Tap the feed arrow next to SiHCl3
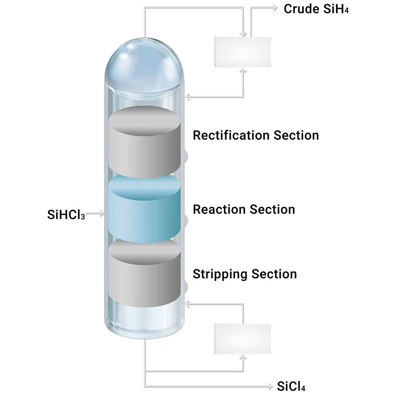click(101, 214)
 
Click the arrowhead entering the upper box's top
click(243, 35)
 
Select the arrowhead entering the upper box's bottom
click(243, 70)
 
